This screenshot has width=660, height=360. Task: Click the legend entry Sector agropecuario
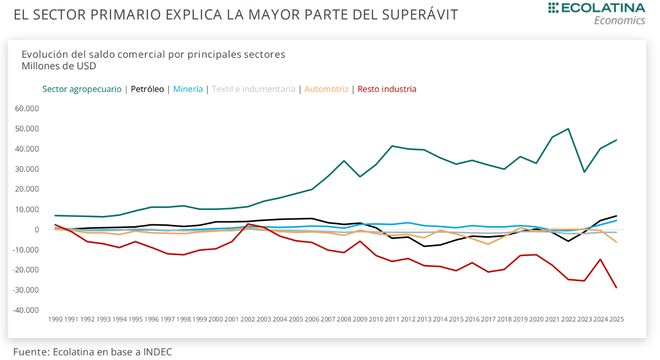click(x=82, y=89)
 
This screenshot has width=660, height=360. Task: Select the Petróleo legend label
click(x=147, y=89)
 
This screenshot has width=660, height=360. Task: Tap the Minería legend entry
click(x=188, y=89)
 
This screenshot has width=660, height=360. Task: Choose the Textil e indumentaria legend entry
click(x=253, y=89)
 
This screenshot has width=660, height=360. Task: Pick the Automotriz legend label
click(x=326, y=89)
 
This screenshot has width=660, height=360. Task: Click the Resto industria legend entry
click(x=387, y=89)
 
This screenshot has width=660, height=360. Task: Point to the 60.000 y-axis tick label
click(x=27, y=108)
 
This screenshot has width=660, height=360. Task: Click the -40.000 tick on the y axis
click(x=26, y=310)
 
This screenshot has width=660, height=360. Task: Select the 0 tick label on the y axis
click(x=36, y=230)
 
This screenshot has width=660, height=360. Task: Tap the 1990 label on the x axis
click(x=55, y=319)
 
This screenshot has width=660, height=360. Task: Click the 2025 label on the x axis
click(x=617, y=319)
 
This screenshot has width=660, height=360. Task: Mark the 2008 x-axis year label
click(x=344, y=319)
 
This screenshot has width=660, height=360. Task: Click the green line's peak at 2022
click(x=569, y=129)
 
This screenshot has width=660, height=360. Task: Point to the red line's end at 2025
click(x=616, y=288)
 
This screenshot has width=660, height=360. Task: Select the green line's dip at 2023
click(x=584, y=172)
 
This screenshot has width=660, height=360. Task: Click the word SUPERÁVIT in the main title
click(x=420, y=14)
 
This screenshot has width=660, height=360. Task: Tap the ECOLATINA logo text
click(x=602, y=8)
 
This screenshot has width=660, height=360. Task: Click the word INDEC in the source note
click(x=156, y=352)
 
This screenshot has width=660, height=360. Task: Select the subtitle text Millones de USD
click(x=59, y=66)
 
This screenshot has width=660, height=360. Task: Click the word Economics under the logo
click(x=620, y=21)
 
